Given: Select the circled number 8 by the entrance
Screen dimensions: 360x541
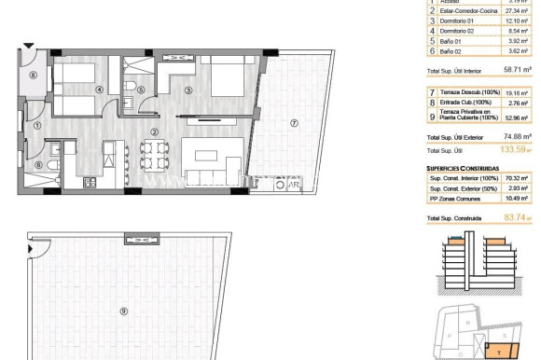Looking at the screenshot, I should pos(34,76).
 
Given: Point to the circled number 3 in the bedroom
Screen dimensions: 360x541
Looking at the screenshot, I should pos(187,90).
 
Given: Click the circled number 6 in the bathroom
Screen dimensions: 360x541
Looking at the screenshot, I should pos(140,90).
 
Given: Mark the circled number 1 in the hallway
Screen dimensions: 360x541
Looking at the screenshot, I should pos(38,166).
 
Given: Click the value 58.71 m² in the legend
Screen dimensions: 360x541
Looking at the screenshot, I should pos(517,70).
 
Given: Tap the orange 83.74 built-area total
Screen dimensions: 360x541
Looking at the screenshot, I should pos(515,217).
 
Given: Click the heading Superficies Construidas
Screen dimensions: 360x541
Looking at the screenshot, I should pos(466,168).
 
